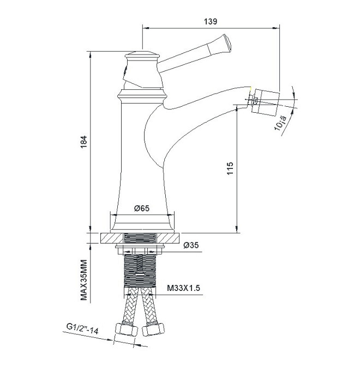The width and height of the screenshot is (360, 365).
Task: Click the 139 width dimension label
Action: [x=211, y=21]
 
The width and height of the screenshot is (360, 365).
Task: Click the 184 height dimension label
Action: [x=83, y=142]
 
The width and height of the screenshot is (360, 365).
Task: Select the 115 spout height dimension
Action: [x=230, y=168]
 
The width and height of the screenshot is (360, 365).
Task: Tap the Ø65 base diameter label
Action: [x=142, y=208]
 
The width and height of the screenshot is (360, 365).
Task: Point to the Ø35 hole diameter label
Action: [x=191, y=245]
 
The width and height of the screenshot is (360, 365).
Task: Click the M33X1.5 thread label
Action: [x=184, y=288]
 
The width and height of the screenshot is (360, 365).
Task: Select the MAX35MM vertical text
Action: [x=83, y=280]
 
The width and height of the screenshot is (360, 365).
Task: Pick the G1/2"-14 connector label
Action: [x=82, y=328]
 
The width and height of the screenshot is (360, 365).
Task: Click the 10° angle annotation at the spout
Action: [x=280, y=123]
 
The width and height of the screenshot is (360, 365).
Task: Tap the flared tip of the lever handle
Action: [x=226, y=44]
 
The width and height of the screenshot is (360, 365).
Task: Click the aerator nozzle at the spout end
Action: [x=267, y=102]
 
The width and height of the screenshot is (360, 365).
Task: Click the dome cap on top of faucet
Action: [x=142, y=54]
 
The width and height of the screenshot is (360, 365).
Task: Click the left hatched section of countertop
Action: [x=111, y=238]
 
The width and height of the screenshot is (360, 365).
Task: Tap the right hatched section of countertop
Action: [x=168, y=238]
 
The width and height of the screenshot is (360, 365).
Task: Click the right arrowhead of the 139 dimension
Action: [x=277, y=28]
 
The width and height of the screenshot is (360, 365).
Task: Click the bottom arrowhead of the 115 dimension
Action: [x=237, y=229]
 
